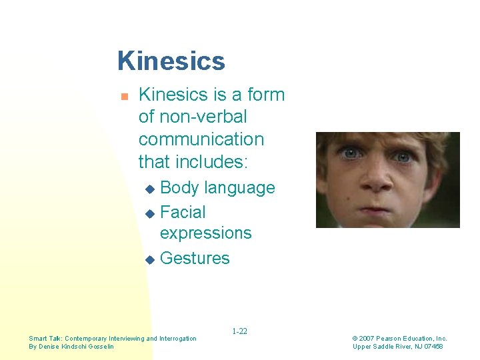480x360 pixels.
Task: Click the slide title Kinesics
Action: pos(171,61)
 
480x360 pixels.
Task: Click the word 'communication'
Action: pos(201,139)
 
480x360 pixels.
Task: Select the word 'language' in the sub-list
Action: pos(239,188)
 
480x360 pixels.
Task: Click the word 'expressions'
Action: pos(206,233)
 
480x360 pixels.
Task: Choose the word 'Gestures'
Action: pos(195,258)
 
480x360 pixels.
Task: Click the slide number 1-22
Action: pos(239,331)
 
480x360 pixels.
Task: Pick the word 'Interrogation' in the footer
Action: pos(178,339)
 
